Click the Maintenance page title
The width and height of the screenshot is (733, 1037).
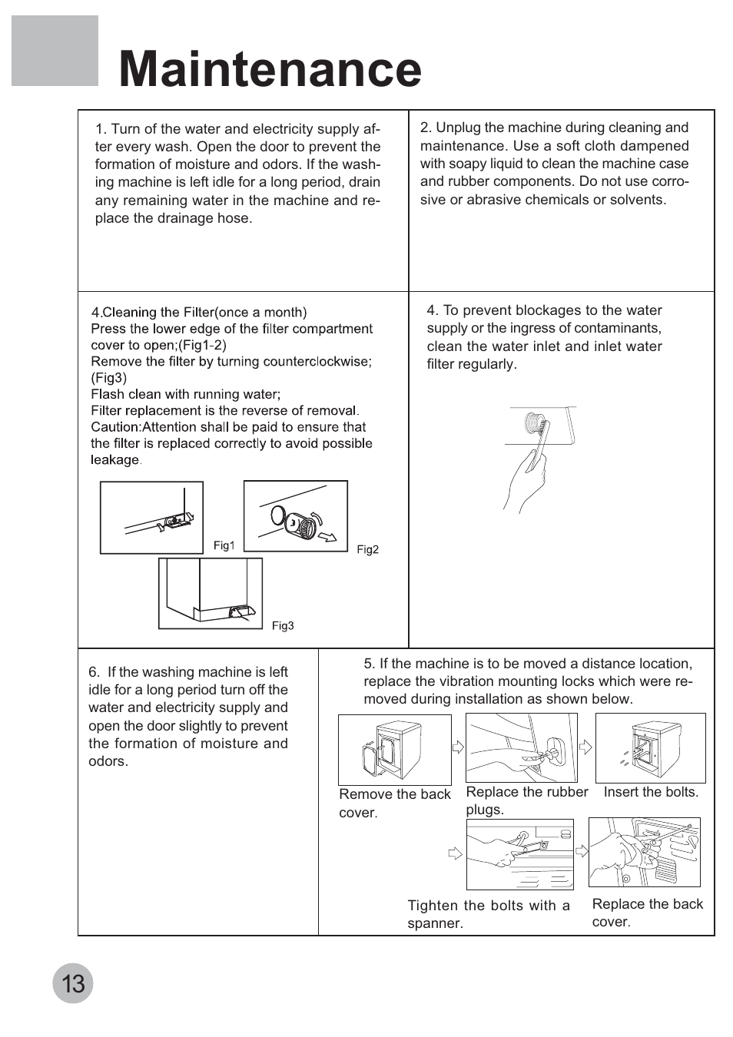pyautogui.click(x=270, y=70)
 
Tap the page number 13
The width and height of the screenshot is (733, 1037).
pyautogui.click(x=73, y=983)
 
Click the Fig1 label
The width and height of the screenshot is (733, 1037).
pyautogui.click(x=224, y=545)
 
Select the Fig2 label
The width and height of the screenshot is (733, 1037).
pyautogui.click(x=368, y=549)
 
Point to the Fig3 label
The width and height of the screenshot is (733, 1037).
pyautogui.click(x=283, y=626)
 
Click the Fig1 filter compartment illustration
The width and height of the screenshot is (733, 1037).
pyautogui.click(x=152, y=517)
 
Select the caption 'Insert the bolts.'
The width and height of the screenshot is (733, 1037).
pyautogui.click(x=651, y=792)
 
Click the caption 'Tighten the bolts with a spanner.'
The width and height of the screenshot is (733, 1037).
pyautogui.click(x=489, y=914)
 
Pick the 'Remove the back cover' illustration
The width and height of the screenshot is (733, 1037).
pyautogui.click(x=395, y=750)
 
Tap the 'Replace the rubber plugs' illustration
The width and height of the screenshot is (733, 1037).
pyautogui.click(x=521, y=747)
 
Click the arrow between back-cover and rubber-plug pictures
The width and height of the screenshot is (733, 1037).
pyautogui.click(x=459, y=747)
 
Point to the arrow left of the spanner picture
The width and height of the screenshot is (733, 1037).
pyautogui.click(x=455, y=853)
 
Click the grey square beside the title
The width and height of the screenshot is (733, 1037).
pyautogui.click(x=55, y=51)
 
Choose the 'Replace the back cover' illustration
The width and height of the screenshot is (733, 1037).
pyautogui.click(x=644, y=852)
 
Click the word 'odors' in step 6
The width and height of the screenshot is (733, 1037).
pyautogui.click(x=107, y=761)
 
